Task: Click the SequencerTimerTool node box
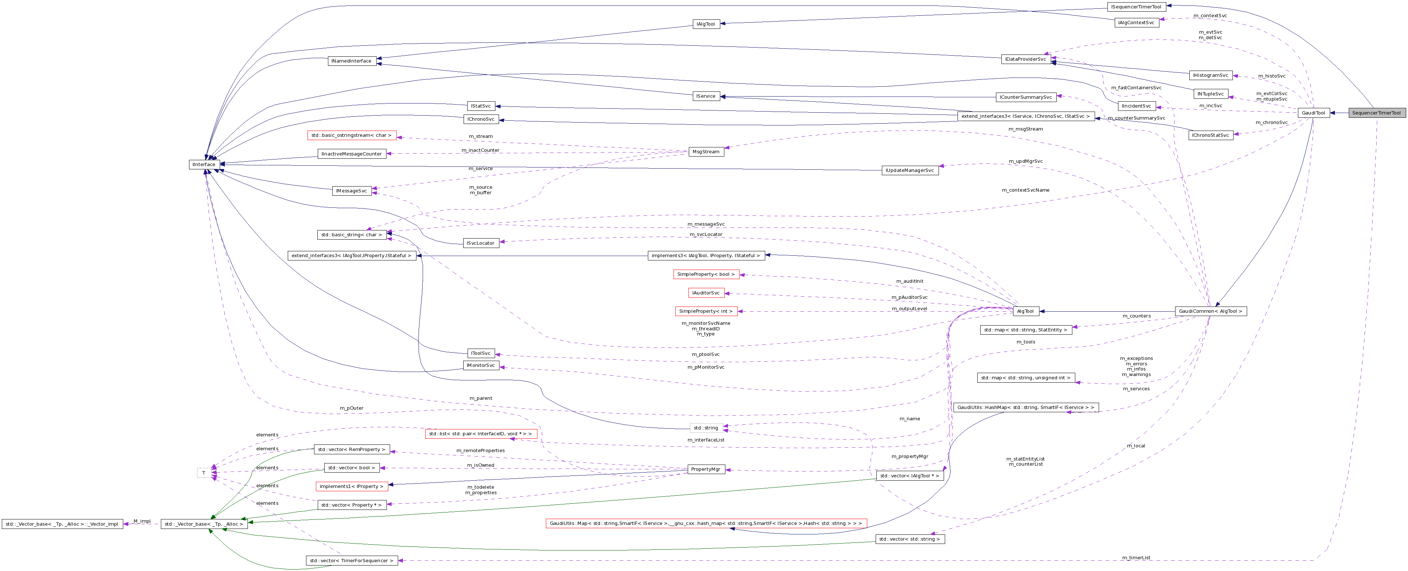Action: pos(1376,113)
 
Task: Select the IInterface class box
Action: pos(204,165)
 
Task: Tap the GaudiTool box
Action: pos(1313,113)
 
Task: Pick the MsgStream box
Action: pos(706,151)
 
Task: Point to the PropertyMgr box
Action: pos(706,469)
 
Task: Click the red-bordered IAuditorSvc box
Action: pos(706,293)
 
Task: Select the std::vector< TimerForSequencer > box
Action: pos(351,561)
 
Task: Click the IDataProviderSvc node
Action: pos(1026,59)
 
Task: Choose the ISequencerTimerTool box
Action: pos(1136,7)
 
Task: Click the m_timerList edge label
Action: pos(1136,558)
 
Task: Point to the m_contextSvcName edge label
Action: pos(1026,190)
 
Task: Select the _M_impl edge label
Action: pos(141,521)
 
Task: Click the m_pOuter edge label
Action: pos(351,408)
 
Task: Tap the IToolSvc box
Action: pos(480,353)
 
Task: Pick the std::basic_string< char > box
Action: pos(351,234)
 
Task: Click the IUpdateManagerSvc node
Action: pos(910,171)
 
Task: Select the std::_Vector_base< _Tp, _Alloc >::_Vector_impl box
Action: pos(62,524)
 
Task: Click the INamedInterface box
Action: pos(351,61)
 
